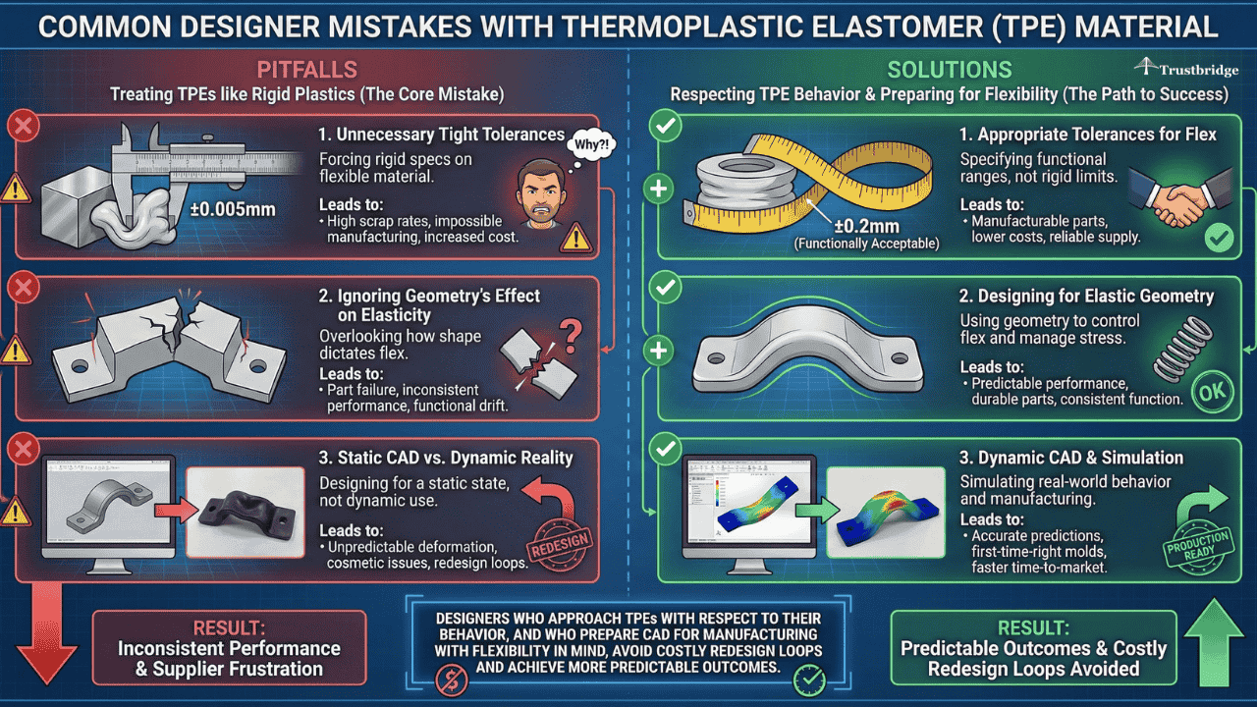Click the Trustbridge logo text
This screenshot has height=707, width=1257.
coord(1188,71)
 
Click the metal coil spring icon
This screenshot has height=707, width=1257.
coord(1175,349)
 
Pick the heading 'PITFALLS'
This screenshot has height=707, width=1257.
coord(306,70)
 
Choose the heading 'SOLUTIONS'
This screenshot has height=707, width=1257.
coord(949,70)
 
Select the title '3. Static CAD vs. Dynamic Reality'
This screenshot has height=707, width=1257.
coord(445,458)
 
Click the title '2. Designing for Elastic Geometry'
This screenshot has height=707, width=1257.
coord(1086,296)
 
